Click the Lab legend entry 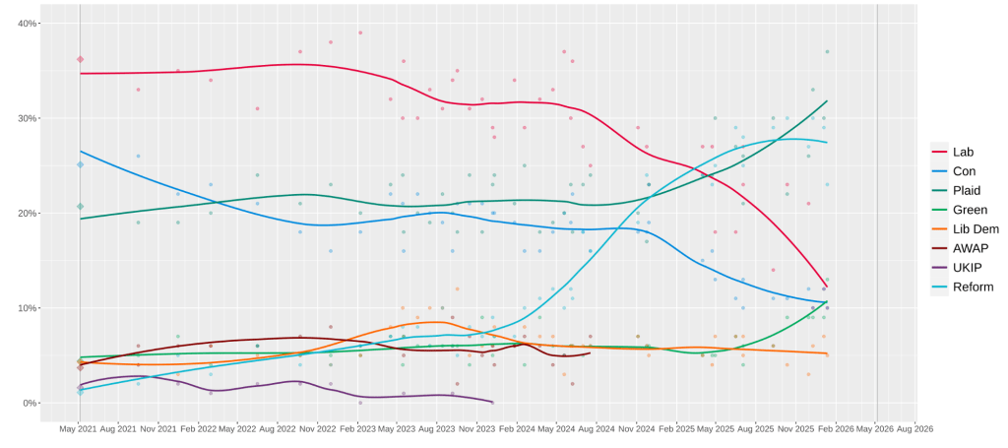(x=963, y=152)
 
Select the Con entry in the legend (x=964, y=171)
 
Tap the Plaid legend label (x=966, y=190)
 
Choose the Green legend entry (x=969, y=210)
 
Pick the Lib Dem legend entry (x=973, y=229)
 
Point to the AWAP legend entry (x=970, y=248)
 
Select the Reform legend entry (x=972, y=288)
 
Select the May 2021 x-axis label (x=80, y=429)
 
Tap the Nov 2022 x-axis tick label (x=318, y=429)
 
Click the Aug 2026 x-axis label (x=915, y=429)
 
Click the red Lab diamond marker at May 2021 (x=80, y=59)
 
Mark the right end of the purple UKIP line (x=492, y=402)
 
